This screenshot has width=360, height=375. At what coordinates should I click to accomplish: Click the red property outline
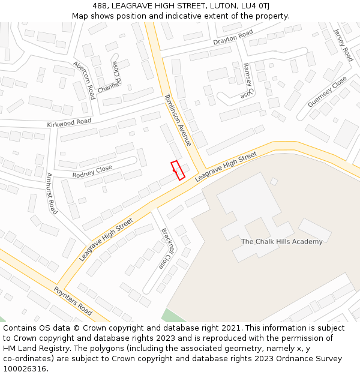point(178,170)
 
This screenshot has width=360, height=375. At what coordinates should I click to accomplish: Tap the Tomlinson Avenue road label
point(178,120)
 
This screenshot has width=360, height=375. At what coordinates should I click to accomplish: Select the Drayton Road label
point(233,38)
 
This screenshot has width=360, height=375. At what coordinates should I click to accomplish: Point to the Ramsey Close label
point(248,81)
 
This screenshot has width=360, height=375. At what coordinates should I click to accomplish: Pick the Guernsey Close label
point(327,92)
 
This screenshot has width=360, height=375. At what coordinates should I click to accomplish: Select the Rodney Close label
point(92,172)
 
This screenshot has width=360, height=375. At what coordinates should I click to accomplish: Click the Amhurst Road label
point(52,194)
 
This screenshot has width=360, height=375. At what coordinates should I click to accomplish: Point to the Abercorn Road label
point(84,80)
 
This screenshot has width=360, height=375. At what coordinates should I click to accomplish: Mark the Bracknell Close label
point(166,248)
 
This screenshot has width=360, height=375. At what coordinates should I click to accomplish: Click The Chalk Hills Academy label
point(281,242)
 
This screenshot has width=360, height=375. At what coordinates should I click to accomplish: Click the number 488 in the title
point(100,6)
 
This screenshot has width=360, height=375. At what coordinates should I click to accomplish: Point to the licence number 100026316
point(26,368)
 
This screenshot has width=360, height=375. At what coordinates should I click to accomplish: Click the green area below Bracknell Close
point(173,316)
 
